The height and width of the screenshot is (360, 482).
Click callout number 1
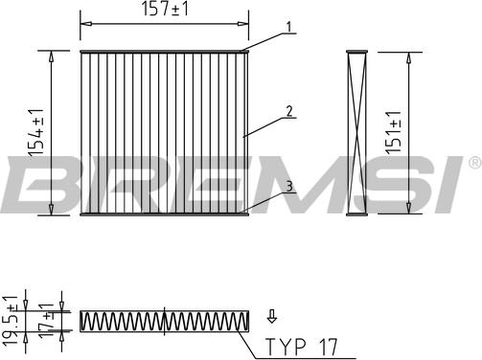pos(286,27)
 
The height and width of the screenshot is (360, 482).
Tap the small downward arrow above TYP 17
pos(271,314)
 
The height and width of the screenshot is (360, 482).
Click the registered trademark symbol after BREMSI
pos(473,164)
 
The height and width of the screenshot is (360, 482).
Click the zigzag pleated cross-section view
pos(165,321)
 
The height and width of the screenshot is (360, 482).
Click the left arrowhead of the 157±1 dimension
pos(83,20)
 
